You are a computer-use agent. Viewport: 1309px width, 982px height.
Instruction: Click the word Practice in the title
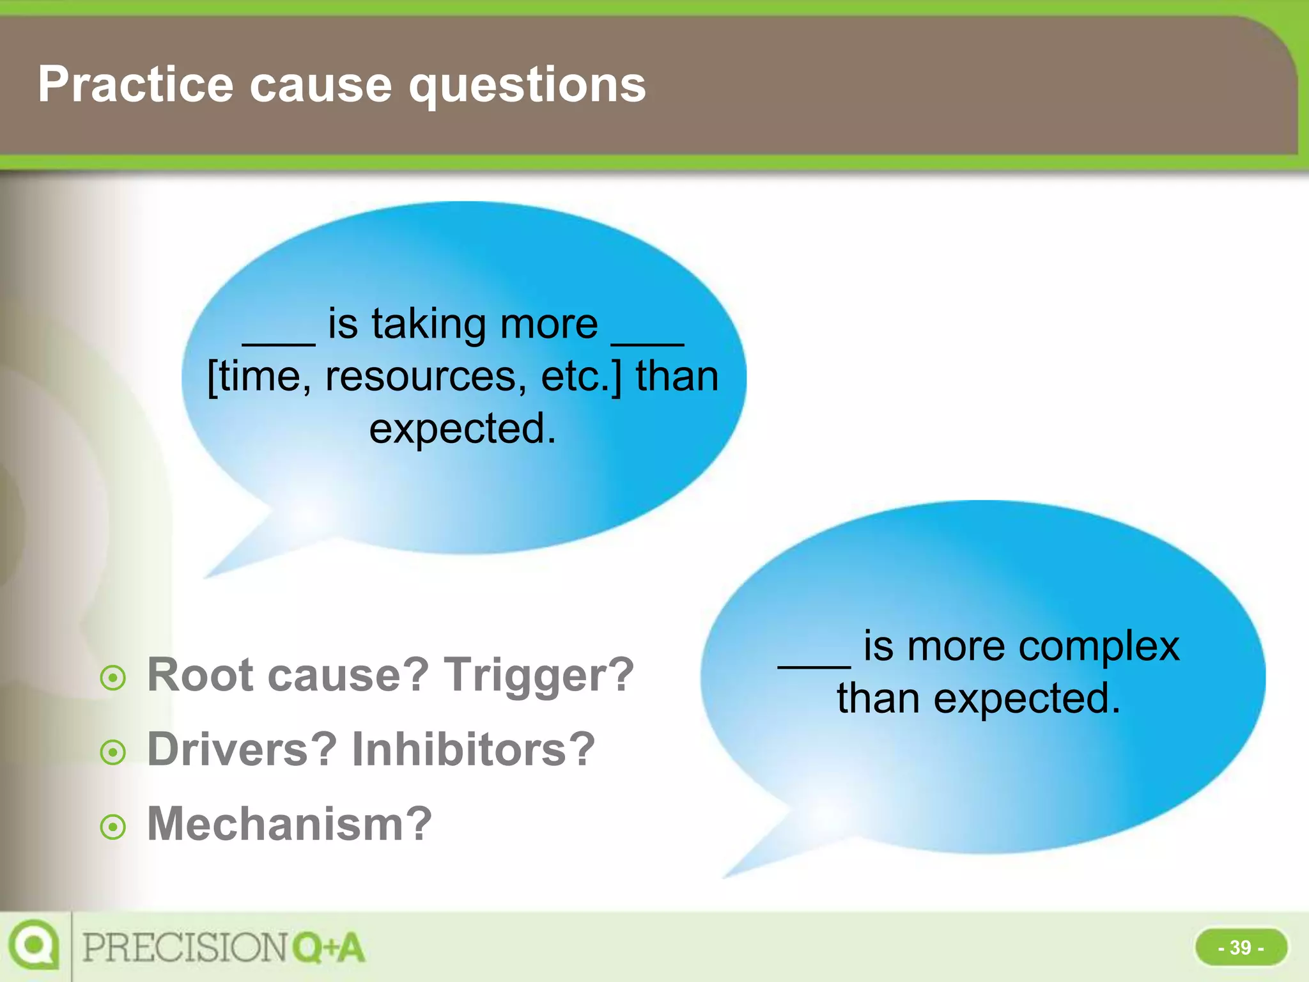tap(136, 84)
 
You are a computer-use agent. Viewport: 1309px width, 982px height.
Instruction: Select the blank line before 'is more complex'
tap(814, 665)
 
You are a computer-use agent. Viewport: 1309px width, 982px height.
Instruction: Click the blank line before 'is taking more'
tap(279, 343)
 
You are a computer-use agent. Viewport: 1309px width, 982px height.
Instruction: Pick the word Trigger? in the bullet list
tap(539, 674)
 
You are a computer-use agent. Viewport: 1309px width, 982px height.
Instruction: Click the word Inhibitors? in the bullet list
tap(474, 749)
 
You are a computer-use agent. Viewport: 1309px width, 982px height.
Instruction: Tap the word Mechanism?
tap(290, 823)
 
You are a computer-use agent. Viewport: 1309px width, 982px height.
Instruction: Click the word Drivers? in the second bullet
tap(242, 749)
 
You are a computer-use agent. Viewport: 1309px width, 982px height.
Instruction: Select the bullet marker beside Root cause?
tap(113, 678)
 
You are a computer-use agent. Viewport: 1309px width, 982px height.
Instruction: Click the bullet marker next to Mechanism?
tap(113, 827)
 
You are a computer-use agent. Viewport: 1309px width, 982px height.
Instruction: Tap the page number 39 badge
tap(1241, 947)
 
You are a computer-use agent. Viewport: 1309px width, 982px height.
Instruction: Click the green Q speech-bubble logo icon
tap(33, 945)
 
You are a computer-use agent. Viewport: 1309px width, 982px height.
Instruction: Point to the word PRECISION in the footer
tap(185, 947)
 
